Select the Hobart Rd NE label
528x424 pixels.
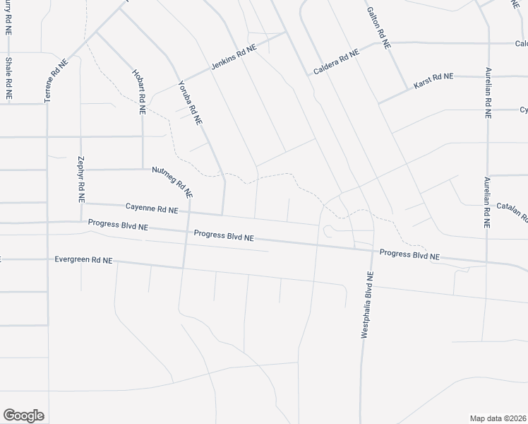pyautogui.click(x=139, y=92)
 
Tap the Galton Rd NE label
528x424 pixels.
pyautogui.click(x=378, y=28)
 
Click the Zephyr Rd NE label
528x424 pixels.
pyautogui.click(x=81, y=180)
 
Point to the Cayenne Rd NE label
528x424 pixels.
pyautogui.click(x=152, y=209)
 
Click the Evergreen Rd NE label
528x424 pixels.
pyautogui.click(x=83, y=260)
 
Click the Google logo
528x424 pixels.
pyautogui.click(x=23, y=415)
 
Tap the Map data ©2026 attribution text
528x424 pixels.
pyautogui.click(x=498, y=418)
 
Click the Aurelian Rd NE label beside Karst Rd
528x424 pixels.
pyautogui.click(x=488, y=93)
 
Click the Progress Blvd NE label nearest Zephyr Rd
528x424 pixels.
pyautogui.click(x=118, y=225)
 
